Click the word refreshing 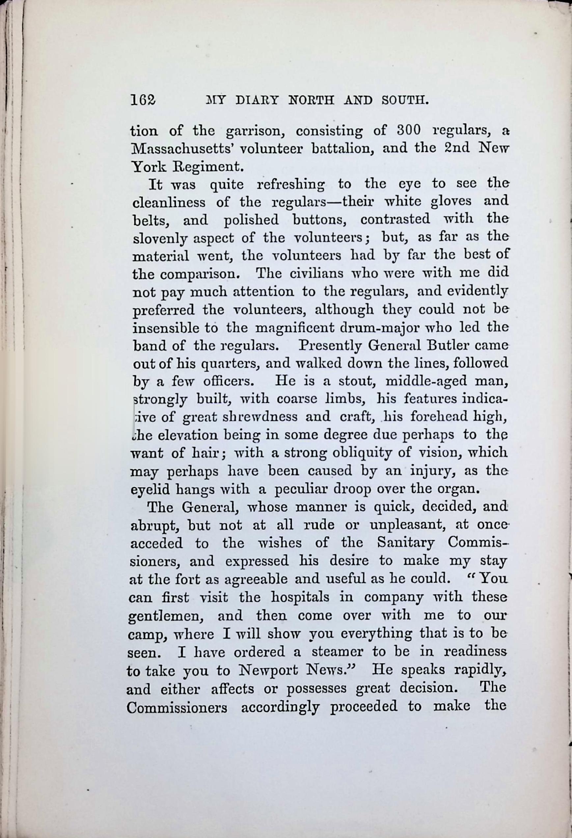pyautogui.click(x=290, y=185)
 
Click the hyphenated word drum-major pyautogui.click(x=378, y=328)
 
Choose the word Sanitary pyautogui.click(x=405, y=543)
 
